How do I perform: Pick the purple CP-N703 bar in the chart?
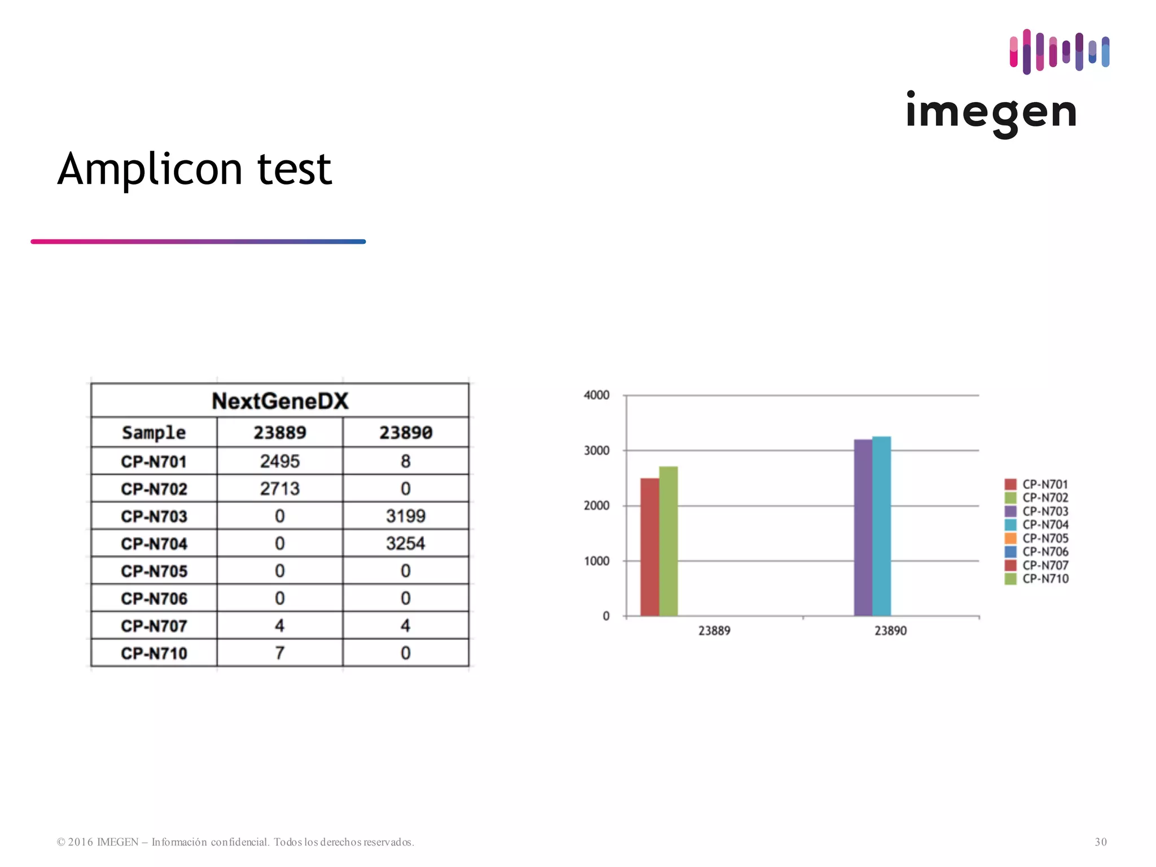click(863, 527)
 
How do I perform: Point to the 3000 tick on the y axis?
click(597, 450)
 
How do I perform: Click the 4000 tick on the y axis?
click(597, 395)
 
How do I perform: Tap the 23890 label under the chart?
click(891, 630)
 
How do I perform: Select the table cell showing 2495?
click(279, 461)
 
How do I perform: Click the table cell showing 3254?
click(405, 543)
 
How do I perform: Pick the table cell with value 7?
click(279, 653)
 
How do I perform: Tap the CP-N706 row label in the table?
click(154, 598)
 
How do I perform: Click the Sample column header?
click(154, 433)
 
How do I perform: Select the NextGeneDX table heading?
click(280, 401)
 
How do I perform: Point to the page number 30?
click(1101, 842)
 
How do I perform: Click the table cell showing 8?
click(405, 461)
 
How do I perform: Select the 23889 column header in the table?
click(279, 433)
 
